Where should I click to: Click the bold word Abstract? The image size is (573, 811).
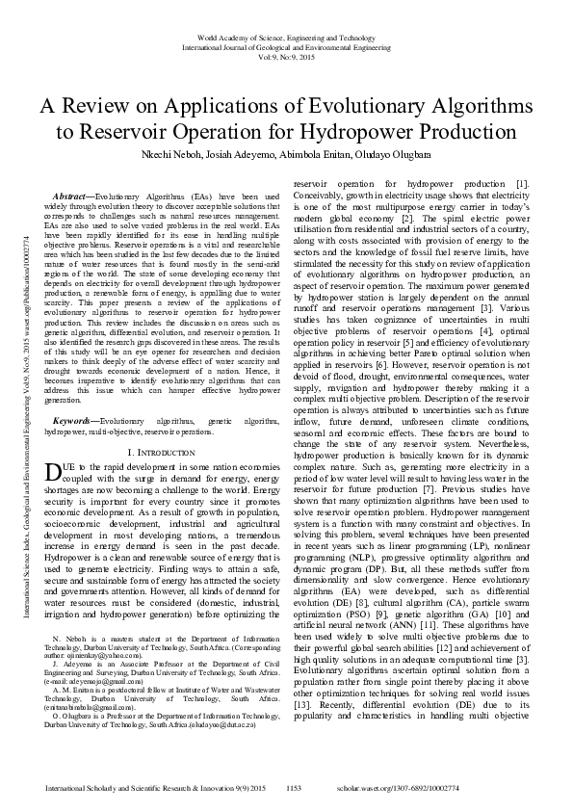[x=69, y=196]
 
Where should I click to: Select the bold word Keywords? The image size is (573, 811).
[x=72, y=422]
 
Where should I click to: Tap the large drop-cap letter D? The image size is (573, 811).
[x=54, y=471]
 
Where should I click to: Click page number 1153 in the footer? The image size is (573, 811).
[x=295, y=788]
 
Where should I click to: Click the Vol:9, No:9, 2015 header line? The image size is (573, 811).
[x=286, y=57]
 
